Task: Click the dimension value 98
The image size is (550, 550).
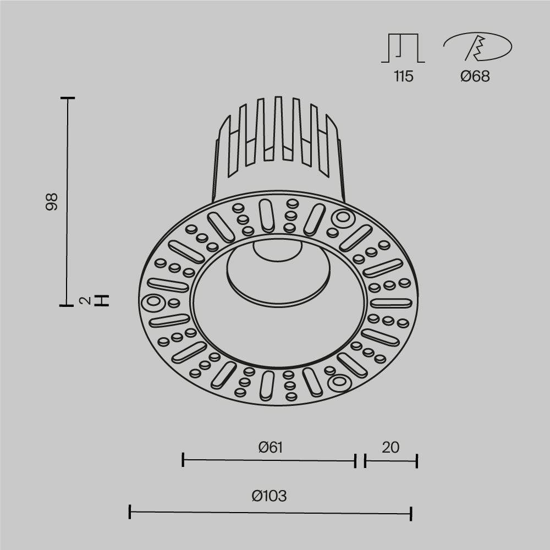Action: tap(52, 201)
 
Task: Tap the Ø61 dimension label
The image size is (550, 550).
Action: tap(270, 447)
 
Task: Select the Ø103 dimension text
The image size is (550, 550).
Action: tap(269, 496)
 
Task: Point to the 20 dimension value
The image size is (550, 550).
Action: tap(391, 447)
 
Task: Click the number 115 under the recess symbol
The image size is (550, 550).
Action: tap(403, 76)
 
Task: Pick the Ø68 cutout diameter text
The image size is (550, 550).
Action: tap(475, 76)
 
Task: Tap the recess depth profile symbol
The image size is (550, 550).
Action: tap(403, 48)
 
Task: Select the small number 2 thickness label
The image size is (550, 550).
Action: tap(84, 300)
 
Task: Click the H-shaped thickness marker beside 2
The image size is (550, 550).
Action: tap(102, 300)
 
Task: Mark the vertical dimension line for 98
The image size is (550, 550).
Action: tap(67, 201)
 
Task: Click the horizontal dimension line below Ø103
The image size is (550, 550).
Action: tap(270, 513)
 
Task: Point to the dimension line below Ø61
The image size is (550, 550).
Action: tap(269, 460)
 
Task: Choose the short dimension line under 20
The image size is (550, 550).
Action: tap(391, 460)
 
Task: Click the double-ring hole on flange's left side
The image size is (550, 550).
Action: tap(152, 302)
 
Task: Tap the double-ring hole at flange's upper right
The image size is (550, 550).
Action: tap(342, 218)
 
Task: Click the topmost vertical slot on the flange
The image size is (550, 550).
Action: tap(267, 215)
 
